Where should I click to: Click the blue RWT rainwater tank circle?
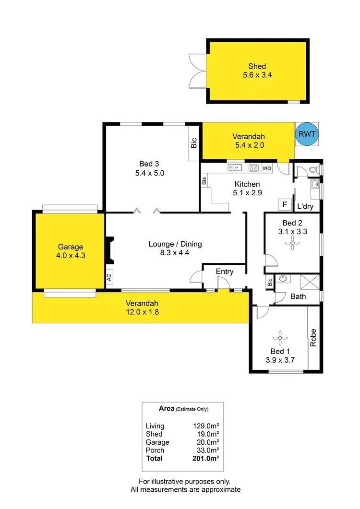click(x=307, y=134)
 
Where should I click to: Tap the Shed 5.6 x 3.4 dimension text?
click(x=257, y=75)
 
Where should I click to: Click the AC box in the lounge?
click(x=109, y=277)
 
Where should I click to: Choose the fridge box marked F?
click(x=285, y=205)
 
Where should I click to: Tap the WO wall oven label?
click(x=267, y=168)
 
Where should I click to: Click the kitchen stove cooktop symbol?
click(x=254, y=168)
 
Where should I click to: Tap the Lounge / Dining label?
click(x=175, y=244)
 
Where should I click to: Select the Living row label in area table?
click(x=155, y=426)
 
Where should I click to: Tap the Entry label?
click(x=225, y=272)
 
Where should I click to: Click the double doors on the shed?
click(x=197, y=71)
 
